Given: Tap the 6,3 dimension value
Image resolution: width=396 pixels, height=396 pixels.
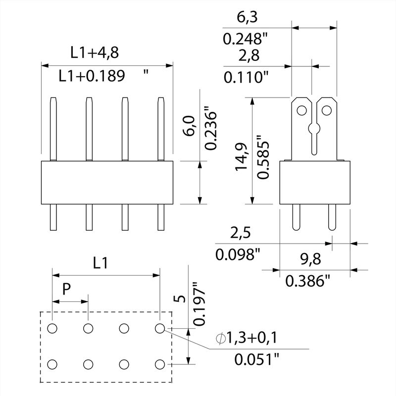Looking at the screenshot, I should (x=234, y=18).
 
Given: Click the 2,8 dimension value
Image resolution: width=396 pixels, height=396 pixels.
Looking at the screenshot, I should (x=234, y=56).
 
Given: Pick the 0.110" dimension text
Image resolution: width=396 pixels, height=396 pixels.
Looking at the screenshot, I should (x=246, y=77).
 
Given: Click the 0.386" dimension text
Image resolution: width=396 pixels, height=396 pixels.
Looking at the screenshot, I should (x=308, y=282).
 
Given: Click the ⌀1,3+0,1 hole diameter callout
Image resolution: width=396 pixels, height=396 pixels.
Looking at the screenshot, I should (x=246, y=338).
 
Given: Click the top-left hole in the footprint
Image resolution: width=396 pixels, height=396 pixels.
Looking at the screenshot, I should (x=52, y=328).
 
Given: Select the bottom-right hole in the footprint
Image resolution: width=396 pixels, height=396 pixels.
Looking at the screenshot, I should (x=159, y=365).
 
